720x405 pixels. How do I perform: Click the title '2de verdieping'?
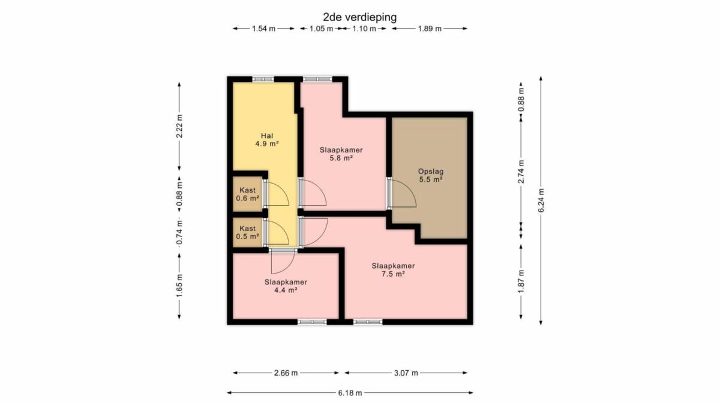point(359,17)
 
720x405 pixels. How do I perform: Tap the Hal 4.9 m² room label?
point(267,140)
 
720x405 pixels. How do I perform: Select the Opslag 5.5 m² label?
point(431,175)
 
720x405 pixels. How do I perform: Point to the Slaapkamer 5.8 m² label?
point(341,154)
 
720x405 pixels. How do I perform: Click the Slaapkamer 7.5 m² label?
point(393,270)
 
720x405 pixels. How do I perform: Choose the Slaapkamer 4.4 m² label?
point(286,286)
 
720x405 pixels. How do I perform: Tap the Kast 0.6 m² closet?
point(247,194)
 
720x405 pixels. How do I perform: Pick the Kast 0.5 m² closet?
point(247,232)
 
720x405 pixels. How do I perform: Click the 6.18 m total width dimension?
point(350,393)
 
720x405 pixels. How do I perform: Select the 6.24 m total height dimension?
point(541,200)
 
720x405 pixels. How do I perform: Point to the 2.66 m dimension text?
point(286,373)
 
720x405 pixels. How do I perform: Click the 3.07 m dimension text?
point(406,373)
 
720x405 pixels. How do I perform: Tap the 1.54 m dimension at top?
point(263,29)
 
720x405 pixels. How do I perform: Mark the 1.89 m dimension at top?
point(430,29)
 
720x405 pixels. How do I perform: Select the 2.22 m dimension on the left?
point(179,127)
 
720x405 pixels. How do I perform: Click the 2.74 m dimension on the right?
point(521,172)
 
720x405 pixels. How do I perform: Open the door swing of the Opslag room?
point(403,193)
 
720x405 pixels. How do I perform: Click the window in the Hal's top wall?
point(263,79)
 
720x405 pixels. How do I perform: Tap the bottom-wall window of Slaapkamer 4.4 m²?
point(312,322)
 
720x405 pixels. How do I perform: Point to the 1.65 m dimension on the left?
point(179,286)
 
